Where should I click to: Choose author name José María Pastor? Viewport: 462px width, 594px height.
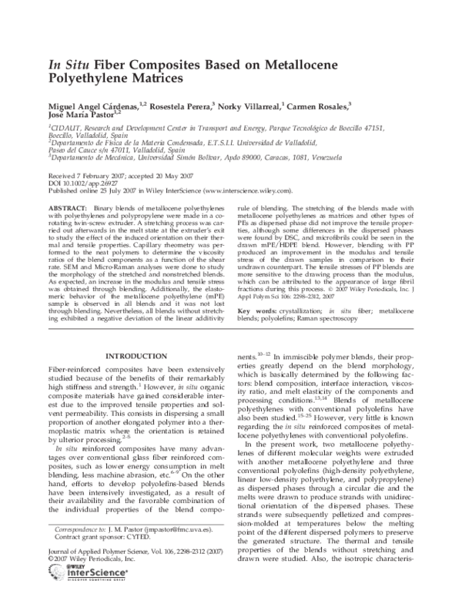click(x=78, y=114)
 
